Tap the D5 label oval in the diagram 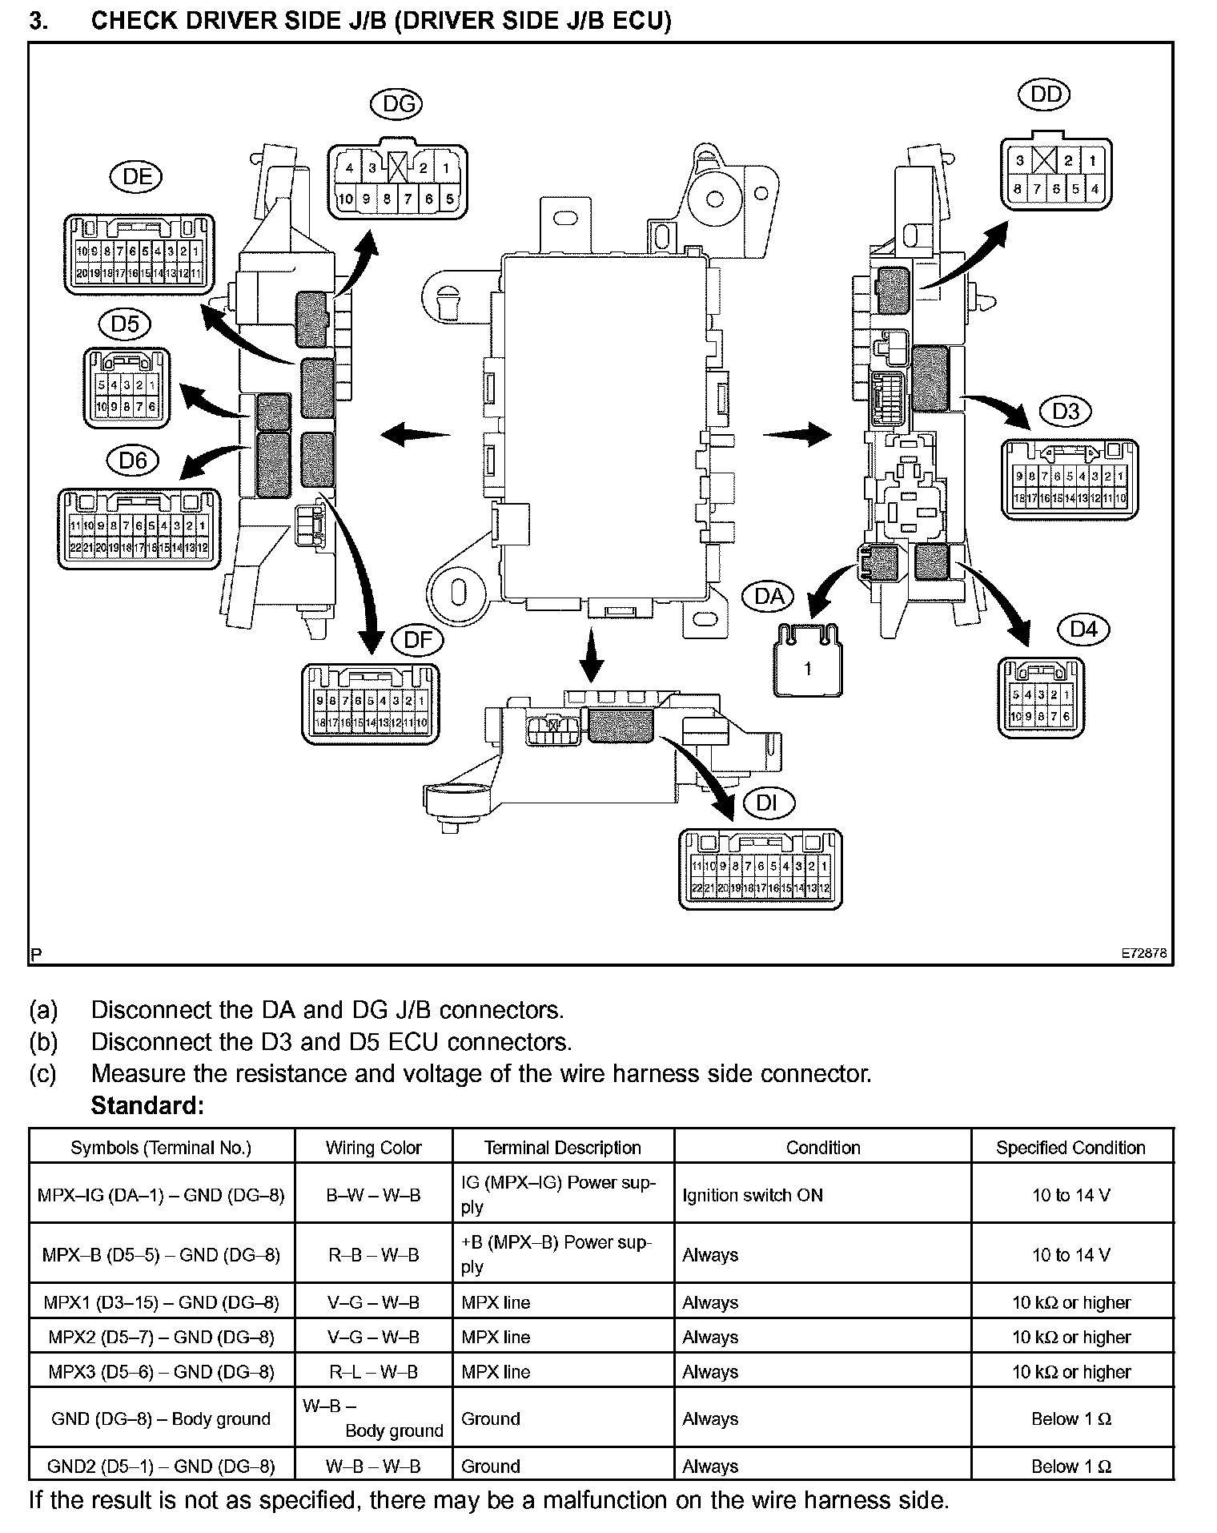click(x=125, y=324)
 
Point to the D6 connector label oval click(x=133, y=461)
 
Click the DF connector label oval click(x=417, y=639)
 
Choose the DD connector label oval click(x=1045, y=95)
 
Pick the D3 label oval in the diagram click(x=1065, y=412)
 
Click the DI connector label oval click(x=767, y=803)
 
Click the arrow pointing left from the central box click(x=415, y=435)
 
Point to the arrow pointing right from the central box click(x=797, y=435)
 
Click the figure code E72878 click(x=1143, y=954)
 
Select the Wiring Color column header click(x=373, y=1148)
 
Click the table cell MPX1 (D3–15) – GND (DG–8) click(x=161, y=1302)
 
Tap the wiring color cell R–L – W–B click(x=373, y=1372)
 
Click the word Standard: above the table click(x=147, y=1106)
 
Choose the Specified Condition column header click(x=1070, y=1148)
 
